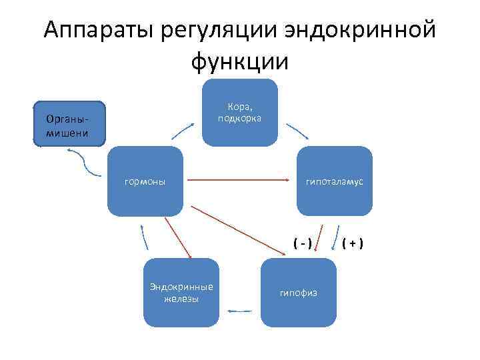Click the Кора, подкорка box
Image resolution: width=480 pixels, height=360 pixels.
tap(239, 112)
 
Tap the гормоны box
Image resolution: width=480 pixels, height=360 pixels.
tap(145, 181)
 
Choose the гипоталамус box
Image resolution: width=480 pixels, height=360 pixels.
tap(334, 181)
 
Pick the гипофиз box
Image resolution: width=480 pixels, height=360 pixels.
tap(298, 293)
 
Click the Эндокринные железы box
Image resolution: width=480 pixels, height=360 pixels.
tap(181, 292)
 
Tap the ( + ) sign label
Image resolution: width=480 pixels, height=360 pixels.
tap(352, 242)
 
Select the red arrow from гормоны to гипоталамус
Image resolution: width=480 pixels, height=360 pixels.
tap(240, 180)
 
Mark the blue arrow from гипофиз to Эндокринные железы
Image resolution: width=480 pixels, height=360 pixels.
tap(239, 311)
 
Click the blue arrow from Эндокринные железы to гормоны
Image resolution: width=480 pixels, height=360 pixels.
tap(144, 237)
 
